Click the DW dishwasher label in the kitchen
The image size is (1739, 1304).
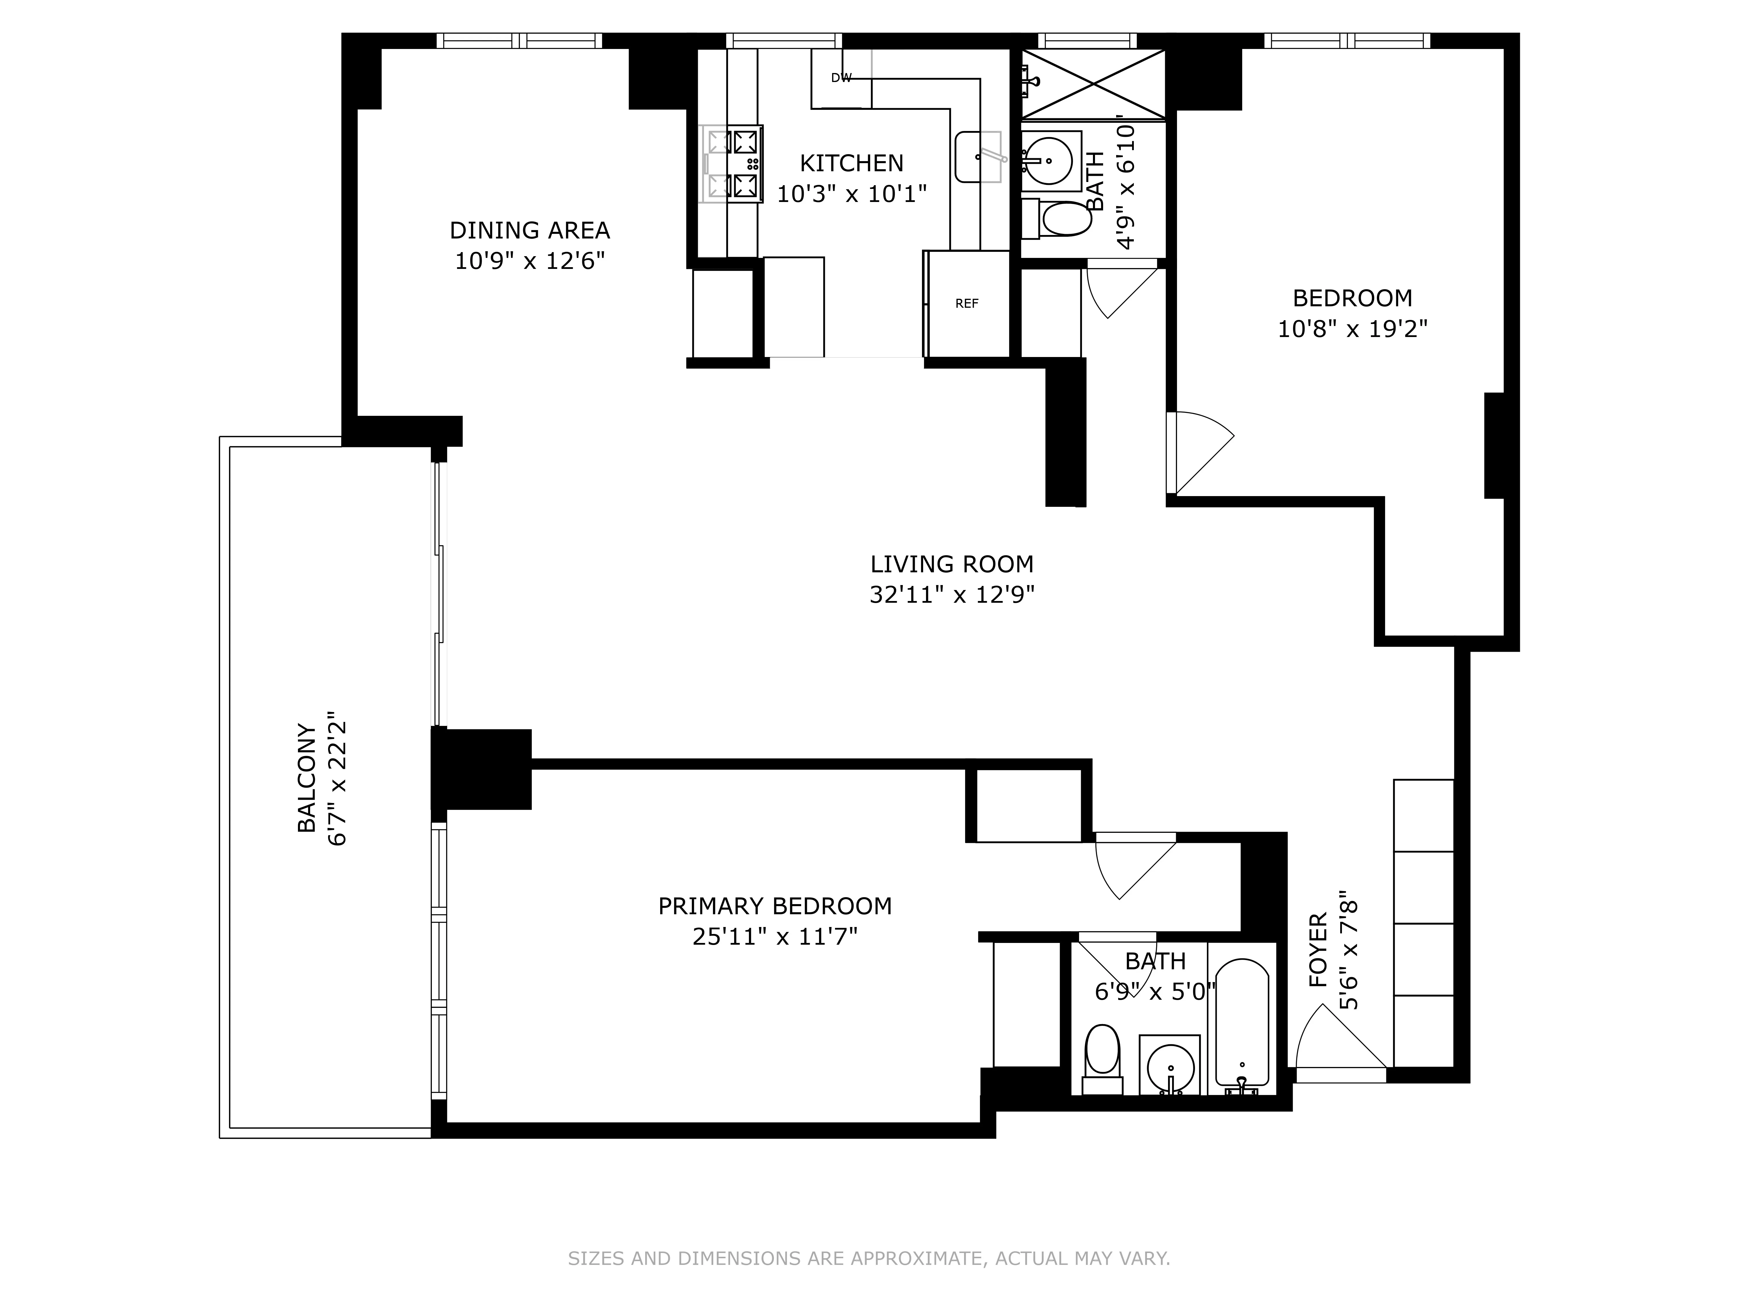(841, 78)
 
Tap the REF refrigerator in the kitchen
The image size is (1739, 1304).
(967, 303)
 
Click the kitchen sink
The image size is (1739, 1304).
(978, 157)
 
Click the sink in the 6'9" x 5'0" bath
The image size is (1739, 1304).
(1171, 1068)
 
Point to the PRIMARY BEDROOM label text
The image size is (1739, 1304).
(774, 906)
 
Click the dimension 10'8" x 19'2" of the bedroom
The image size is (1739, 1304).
(1352, 329)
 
